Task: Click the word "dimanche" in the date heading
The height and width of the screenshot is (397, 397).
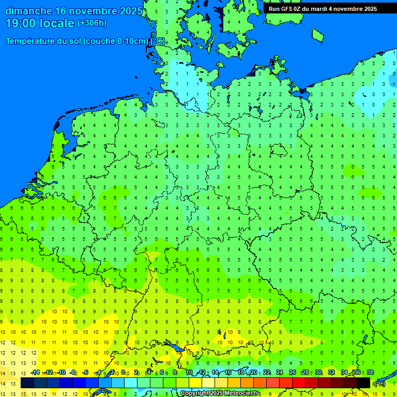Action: pos(28,11)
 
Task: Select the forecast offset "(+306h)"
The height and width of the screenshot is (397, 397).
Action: pos(91,23)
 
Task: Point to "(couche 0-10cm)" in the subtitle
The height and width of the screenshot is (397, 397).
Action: pos(117,41)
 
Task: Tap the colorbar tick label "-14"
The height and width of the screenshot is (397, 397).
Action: pos(35,373)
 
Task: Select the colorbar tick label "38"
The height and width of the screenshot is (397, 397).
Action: pos(370,373)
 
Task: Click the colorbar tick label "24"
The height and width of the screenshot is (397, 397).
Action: pos(280,373)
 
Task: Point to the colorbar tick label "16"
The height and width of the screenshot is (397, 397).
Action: pos(228,373)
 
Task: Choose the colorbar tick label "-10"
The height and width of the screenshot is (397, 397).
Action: pos(61,373)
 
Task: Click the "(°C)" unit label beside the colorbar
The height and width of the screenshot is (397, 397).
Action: pos(379,384)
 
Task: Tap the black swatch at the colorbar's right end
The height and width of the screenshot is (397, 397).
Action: pos(363,383)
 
